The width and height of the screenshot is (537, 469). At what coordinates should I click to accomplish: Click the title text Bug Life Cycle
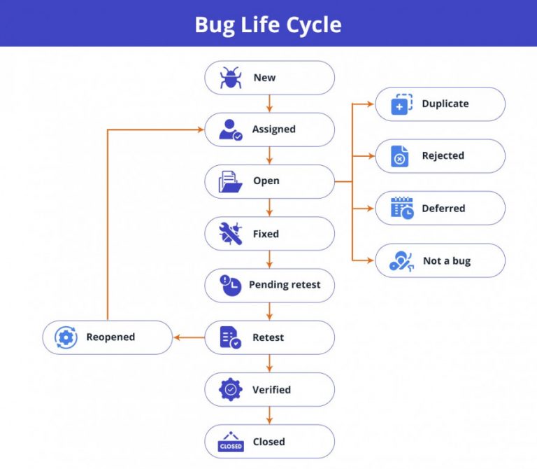[x=268, y=25]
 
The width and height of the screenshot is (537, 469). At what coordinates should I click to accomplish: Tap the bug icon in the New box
[x=230, y=78]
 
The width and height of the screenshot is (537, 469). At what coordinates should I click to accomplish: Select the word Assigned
[x=273, y=129]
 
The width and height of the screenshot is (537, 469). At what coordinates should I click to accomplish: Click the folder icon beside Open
[x=230, y=181]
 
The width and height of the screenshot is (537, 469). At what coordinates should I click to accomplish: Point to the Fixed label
[x=266, y=234]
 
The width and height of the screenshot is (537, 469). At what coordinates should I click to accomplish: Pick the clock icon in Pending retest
[x=230, y=285]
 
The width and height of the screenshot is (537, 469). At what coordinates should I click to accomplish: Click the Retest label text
[x=268, y=337]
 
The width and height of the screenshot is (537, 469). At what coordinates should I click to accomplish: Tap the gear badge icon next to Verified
[x=230, y=389]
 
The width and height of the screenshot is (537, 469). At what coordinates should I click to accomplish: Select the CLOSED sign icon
[x=230, y=442]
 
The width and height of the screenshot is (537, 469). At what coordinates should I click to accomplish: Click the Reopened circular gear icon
[x=66, y=337]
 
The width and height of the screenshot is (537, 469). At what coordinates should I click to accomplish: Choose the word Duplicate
[x=445, y=104]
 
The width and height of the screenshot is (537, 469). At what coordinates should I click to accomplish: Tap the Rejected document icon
[x=400, y=156]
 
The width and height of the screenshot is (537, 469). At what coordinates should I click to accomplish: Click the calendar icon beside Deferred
[x=401, y=209]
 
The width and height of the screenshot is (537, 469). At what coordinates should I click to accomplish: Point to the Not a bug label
[x=446, y=261]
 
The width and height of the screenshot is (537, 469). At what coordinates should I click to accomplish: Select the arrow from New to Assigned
[x=269, y=104]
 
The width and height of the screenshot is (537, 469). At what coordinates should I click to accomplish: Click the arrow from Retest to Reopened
[x=188, y=337]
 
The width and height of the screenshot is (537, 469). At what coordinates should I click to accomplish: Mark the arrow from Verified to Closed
[x=269, y=416]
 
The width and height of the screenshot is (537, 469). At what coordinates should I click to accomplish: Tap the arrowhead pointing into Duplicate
[x=371, y=104]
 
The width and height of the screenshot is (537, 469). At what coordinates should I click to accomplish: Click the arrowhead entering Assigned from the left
[x=200, y=129]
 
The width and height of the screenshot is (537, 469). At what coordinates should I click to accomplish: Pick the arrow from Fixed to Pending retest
[x=269, y=260]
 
